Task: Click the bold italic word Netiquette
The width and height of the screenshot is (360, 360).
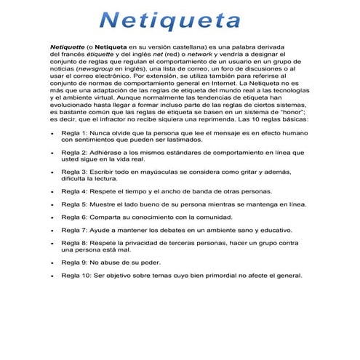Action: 65,46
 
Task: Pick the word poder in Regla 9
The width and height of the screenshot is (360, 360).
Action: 148,262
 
